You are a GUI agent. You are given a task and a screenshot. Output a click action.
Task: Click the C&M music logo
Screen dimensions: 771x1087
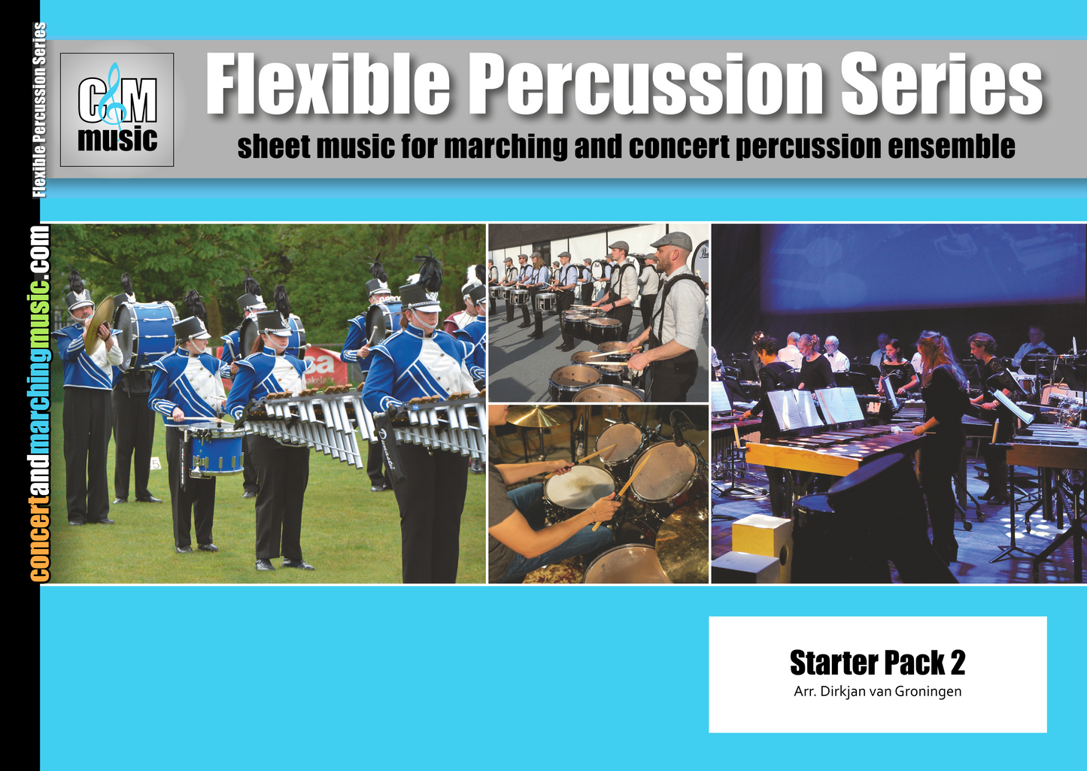coord(117,110)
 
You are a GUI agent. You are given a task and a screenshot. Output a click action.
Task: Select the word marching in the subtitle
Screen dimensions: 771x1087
coord(505,147)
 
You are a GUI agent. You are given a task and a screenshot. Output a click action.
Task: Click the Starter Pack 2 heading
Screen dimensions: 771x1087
coord(877,663)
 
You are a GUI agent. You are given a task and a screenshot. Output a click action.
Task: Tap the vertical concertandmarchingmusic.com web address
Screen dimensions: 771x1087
coord(40,403)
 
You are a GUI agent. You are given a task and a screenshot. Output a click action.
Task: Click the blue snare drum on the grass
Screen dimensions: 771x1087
coord(216,451)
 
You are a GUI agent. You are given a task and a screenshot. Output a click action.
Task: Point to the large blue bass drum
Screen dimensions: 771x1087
coord(147,333)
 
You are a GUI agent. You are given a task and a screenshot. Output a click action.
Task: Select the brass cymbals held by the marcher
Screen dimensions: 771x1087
coord(98,323)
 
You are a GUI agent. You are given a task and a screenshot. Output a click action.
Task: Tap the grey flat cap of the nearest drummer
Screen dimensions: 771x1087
coord(672,241)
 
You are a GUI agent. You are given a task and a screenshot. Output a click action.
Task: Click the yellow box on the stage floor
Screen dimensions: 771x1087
coord(762,536)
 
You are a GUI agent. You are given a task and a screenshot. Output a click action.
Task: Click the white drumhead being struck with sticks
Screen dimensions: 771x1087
coord(578,486)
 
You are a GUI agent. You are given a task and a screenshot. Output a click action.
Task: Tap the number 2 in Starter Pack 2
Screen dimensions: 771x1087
coord(958,663)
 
